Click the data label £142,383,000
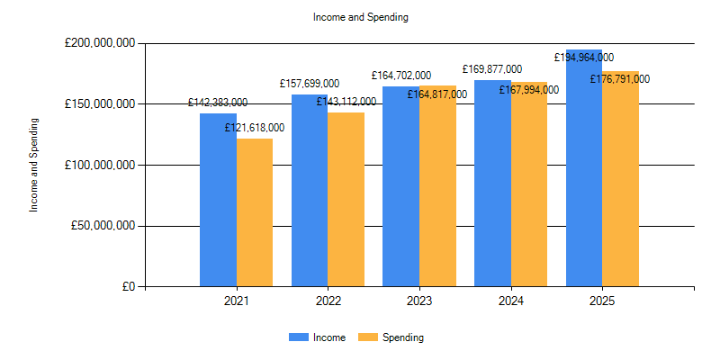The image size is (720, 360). (x=218, y=103)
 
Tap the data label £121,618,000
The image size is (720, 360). (x=255, y=128)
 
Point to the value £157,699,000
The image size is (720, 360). (x=310, y=84)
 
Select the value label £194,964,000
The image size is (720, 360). (x=584, y=58)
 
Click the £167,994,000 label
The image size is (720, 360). (x=529, y=90)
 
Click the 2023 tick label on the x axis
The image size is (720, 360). (x=419, y=301)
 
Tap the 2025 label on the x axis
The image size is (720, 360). (x=602, y=301)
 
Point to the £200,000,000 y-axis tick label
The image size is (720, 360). (x=100, y=43)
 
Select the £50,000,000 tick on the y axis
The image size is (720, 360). (x=103, y=226)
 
